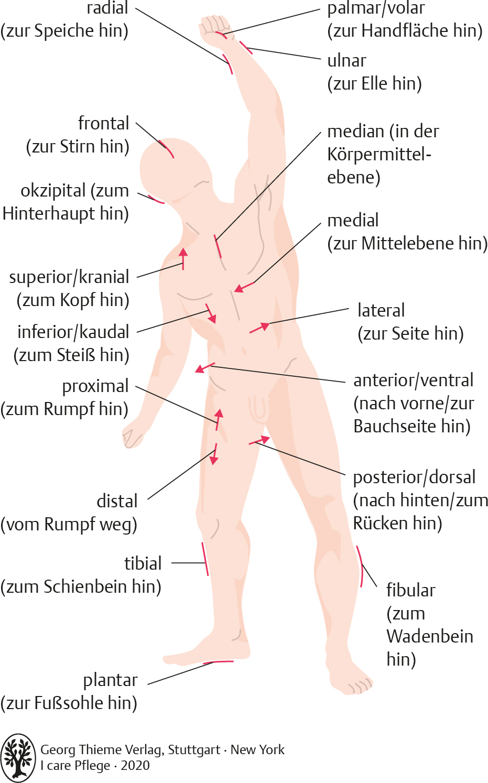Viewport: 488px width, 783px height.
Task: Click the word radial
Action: click(x=107, y=8)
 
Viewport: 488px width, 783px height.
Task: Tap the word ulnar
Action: click(x=346, y=61)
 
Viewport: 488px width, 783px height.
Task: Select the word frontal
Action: click(x=103, y=124)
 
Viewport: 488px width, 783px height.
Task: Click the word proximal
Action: click(x=95, y=386)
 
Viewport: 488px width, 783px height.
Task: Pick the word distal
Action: click(x=117, y=501)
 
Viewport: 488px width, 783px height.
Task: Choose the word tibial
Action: click(x=143, y=563)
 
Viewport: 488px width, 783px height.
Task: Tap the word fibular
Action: click(x=410, y=590)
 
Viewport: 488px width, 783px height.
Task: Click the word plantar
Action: click(x=110, y=680)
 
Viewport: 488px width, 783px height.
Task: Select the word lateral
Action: click(x=381, y=310)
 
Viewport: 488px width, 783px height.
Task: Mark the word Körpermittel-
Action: click(x=379, y=154)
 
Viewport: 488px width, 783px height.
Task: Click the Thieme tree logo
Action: click(x=18, y=758)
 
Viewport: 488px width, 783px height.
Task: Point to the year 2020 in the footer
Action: click(x=135, y=766)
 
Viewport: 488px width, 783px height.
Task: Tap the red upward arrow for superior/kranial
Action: click(x=183, y=258)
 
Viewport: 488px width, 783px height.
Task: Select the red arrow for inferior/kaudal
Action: click(x=211, y=313)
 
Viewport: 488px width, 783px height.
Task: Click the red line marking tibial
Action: click(x=205, y=559)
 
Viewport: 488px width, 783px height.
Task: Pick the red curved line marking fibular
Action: click(x=360, y=566)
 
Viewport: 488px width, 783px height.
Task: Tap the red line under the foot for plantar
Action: click(x=220, y=662)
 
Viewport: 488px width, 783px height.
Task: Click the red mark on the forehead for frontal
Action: click(x=167, y=149)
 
